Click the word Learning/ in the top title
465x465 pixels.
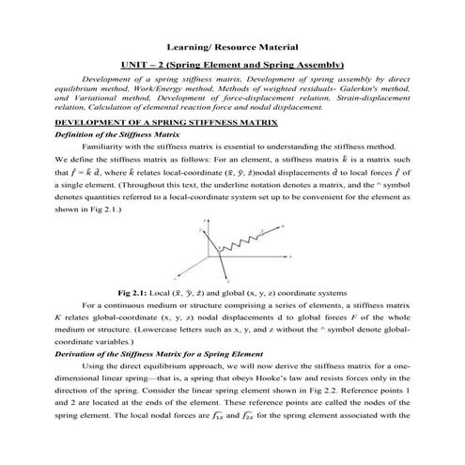(x=186, y=46)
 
